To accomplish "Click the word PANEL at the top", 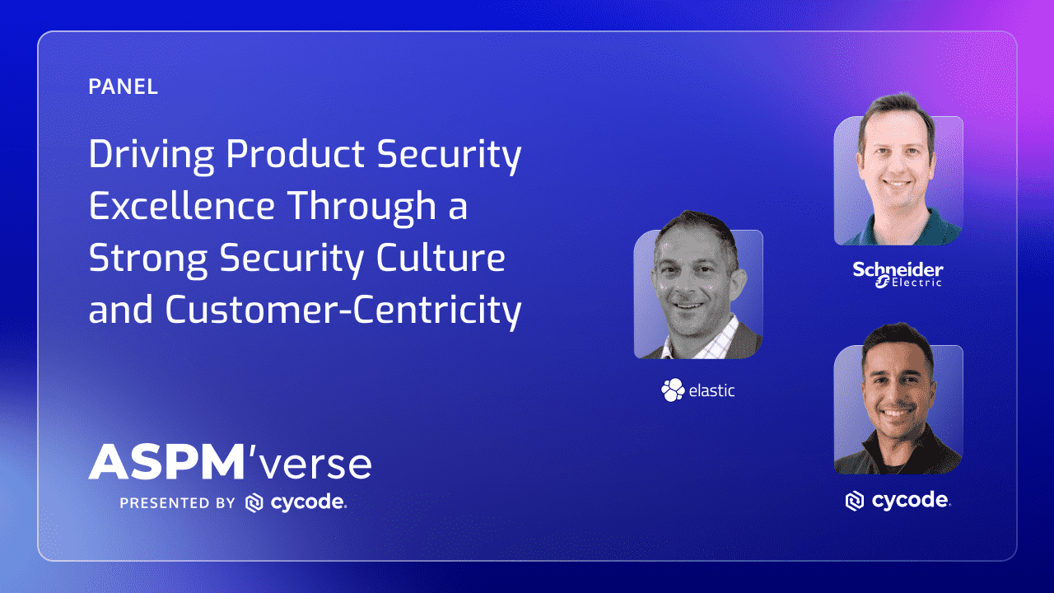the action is (123, 86).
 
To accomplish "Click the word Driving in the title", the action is (151, 156).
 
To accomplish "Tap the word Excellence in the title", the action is (181, 206).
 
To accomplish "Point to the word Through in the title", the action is (361, 208).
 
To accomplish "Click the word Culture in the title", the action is (441, 258).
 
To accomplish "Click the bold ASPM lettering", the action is (166, 462).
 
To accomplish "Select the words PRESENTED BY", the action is (177, 503).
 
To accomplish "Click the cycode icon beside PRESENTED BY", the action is (254, 502).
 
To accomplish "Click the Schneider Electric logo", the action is (898, 274).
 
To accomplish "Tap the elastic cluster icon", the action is (673, 390).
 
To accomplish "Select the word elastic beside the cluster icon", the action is (711, 390).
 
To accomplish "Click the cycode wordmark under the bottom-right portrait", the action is (911, 501).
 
